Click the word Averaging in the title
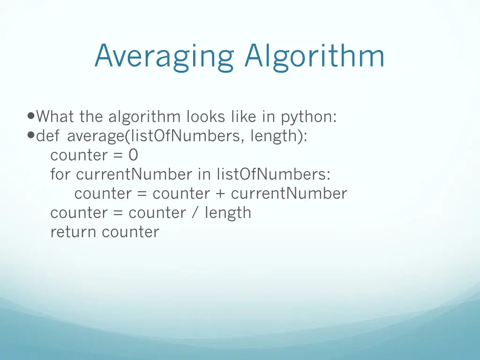(164, 57)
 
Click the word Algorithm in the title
(314, 57)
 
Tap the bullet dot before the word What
(31, 115)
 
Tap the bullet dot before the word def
(31, 135)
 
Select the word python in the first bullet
(308, 116)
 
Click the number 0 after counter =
(133, 155)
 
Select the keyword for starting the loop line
(61, 174)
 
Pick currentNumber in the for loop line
(134, 174)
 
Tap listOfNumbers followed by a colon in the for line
(273, 174)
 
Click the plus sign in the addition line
(220, 194)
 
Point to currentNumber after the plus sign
(289, 193)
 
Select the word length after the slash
(228, 213)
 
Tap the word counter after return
(131, 232)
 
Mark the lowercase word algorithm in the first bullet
(144, 116)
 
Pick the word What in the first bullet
(56, 116)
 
